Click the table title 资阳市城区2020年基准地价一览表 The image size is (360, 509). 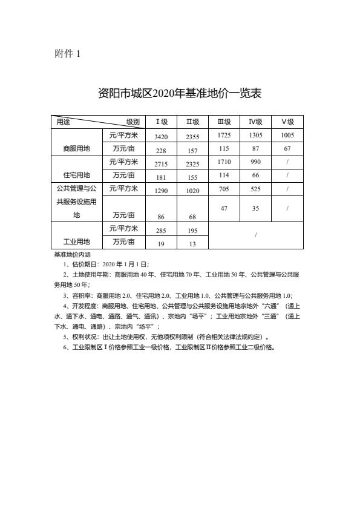[x=180, y=93]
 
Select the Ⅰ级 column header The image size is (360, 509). [x=161, y=122]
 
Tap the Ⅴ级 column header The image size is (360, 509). [x=287, y=122]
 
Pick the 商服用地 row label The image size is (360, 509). [x=76, y=148]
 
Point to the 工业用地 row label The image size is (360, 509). [x=76, y=242]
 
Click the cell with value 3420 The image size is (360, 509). [x=161, y=137]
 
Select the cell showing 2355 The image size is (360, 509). [x=192, y=137]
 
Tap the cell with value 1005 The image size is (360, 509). [x=287, y=136]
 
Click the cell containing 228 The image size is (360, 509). [x=161, y=151]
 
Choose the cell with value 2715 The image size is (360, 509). [x=161, y=164]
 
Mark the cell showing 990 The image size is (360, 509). [x=255, y=162]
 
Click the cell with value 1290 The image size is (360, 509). [x=161, y=191]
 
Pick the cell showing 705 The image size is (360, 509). [x=224, y=188]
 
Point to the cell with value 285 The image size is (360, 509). [x=161, y=231]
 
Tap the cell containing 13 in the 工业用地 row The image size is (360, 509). [x=192, y=244]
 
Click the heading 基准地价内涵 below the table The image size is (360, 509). [x=72, y=255]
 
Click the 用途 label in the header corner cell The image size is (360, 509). [x=63, y=122]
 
